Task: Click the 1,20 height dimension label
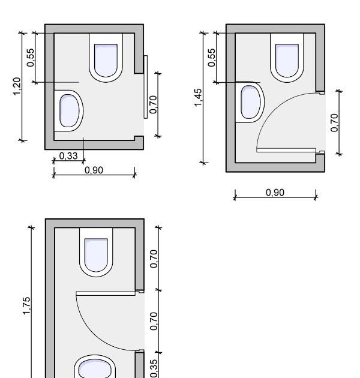tap(17, 86)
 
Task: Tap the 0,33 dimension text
tap(68, 156)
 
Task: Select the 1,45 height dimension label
tap(197, 97)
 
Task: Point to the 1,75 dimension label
tap(26, 306)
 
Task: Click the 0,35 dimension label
tap(154, 368)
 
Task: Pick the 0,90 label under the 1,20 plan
tap(94, 170)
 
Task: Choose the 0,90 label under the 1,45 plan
tap(275, 193)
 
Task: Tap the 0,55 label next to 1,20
tap(31, 58)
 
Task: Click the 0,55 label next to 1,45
tap(211, 58)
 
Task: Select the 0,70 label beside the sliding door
tap(153, 104)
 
